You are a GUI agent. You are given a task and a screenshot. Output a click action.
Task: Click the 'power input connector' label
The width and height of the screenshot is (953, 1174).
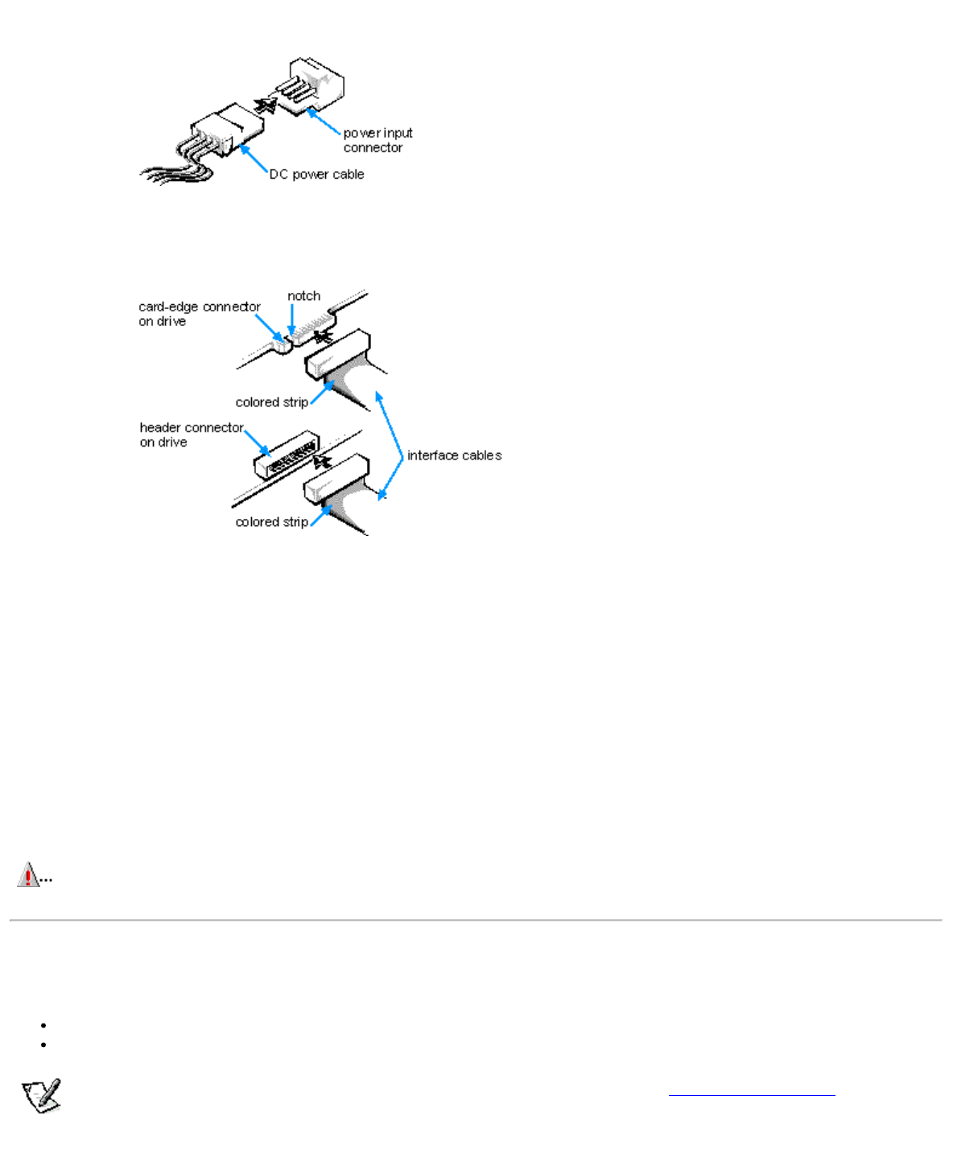[377, 140]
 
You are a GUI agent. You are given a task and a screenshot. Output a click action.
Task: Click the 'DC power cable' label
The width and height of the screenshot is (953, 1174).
[316, 175]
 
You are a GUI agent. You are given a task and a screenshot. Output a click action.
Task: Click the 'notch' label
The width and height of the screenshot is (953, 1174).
[303, 296]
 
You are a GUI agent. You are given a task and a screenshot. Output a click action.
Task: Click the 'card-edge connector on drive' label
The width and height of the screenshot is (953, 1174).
[199, 314]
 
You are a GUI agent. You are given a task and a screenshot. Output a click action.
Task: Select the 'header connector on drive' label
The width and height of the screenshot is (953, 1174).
[191, 435]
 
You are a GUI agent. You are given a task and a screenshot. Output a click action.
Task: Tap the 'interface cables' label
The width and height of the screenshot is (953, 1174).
[454, 455]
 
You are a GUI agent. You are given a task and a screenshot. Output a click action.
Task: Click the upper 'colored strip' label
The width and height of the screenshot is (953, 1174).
[271, 402]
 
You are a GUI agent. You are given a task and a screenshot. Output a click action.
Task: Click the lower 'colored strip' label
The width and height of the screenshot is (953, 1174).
[271, 522]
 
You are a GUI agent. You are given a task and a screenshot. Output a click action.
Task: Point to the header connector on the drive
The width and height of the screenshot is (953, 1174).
[286, 455]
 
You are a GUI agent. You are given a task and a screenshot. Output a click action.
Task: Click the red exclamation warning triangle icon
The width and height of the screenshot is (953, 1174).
[29, 875]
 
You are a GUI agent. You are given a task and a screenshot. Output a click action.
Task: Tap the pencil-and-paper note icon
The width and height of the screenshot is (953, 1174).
[42, 1096]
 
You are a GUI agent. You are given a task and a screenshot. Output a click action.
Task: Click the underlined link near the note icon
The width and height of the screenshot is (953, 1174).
[752, 1094]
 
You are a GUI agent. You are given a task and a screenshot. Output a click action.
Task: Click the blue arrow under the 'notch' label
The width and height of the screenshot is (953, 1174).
[291, 320]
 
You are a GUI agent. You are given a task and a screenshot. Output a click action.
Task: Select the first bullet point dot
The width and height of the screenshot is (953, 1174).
[43, 1025]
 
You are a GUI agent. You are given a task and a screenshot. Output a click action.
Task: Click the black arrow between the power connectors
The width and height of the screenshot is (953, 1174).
[265, 105]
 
